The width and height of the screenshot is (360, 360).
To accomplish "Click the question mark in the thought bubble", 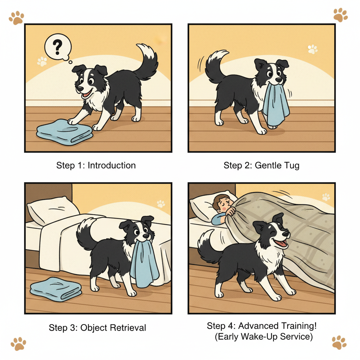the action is [x=57, y=47].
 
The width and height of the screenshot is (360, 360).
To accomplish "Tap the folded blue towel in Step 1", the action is [x=65, y=131].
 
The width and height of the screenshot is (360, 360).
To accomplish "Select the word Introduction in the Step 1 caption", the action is [x=111, y=165].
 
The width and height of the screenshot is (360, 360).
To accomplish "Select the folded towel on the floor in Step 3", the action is [x=56, y=289].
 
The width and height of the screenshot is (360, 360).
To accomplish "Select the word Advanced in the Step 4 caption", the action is [x=258, y=326].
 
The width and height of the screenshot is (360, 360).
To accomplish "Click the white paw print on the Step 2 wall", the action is [x=313, y=49].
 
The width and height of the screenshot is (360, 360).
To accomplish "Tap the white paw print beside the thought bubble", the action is [x=42, y=61].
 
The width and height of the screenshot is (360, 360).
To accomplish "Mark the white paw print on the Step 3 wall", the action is [x=161, y=204].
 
